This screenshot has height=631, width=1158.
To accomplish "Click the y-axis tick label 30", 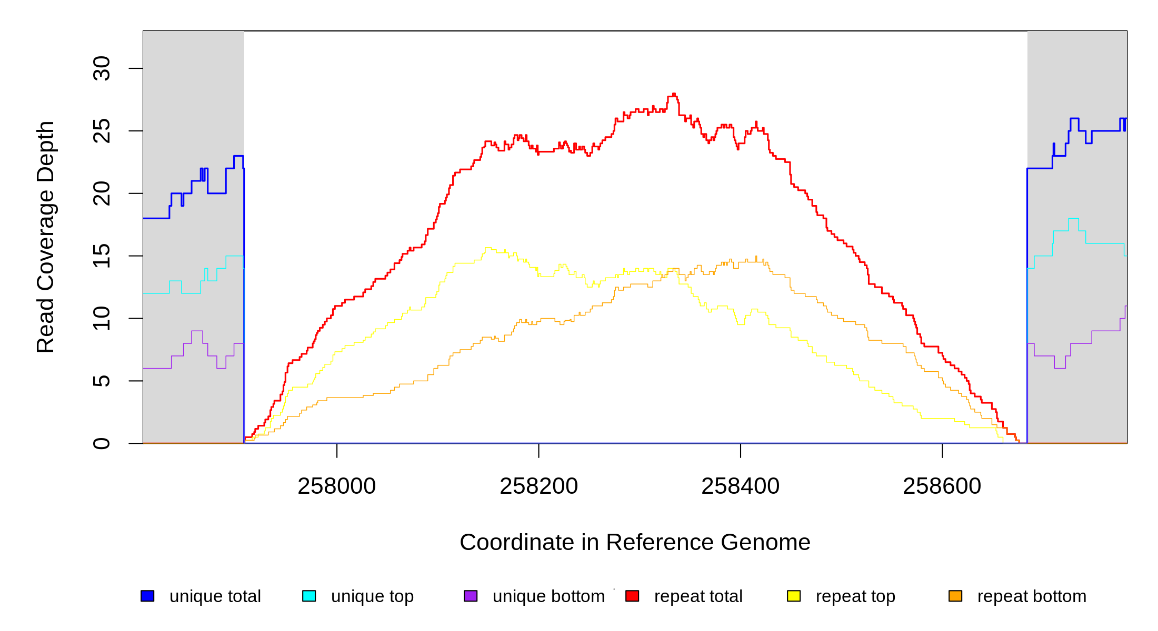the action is tap(102, 68).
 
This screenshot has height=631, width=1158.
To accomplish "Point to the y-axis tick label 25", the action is tap(102, 131).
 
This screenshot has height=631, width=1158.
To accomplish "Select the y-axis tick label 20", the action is tap(102, 194).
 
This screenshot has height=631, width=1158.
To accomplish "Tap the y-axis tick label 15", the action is tap(102, 256).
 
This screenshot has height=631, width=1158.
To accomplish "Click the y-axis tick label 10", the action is tap(102, 318).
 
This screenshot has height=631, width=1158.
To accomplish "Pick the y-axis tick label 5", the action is tap(102, 381).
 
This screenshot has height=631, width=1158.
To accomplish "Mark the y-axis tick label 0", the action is tap(102, 443).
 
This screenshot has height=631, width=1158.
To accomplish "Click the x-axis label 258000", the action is tap(337, 486).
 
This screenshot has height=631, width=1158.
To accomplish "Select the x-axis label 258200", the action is tap(538, 486).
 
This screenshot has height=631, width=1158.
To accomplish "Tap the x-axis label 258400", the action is tap(741, 486).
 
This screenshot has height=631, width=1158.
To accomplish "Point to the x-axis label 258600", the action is tap(942, 486).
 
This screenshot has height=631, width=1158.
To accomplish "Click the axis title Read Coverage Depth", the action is tap(46, 237).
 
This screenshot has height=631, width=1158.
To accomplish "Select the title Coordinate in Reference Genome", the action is tap(635, 543).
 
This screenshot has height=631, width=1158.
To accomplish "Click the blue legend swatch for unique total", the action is tap(147, 596).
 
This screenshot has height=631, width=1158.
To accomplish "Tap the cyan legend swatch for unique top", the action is tap(309, 596).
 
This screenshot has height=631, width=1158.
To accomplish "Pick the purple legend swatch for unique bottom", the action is tap(471, 596).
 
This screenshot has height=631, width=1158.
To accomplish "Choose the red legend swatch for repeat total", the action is tap(632, 596).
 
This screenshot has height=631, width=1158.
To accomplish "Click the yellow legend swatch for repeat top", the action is tap(794, 596).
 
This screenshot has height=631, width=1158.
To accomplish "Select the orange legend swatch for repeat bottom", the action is tap(955, 596).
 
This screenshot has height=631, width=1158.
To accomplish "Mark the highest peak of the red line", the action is tap(674, 94).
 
